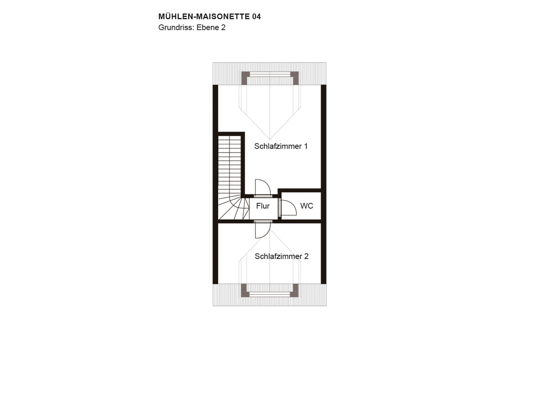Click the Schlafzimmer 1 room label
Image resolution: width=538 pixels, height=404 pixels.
(x=281, y=146)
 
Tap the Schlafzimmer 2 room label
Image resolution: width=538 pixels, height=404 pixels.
(x=282, y=256)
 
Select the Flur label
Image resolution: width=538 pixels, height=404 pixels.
(x=263, y=206)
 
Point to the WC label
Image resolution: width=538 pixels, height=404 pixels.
(x=307, y=206)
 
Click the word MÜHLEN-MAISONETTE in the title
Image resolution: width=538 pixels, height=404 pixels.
(x=204, y=17)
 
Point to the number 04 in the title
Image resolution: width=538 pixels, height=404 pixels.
(x=256, y=17)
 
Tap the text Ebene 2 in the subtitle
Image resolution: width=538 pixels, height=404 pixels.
(x=211, y=28)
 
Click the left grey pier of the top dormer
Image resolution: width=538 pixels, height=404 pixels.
(x=245, y=78)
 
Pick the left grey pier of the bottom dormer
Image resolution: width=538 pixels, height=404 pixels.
(x=245, y=290)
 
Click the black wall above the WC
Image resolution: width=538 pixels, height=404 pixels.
(x=300, y=190)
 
